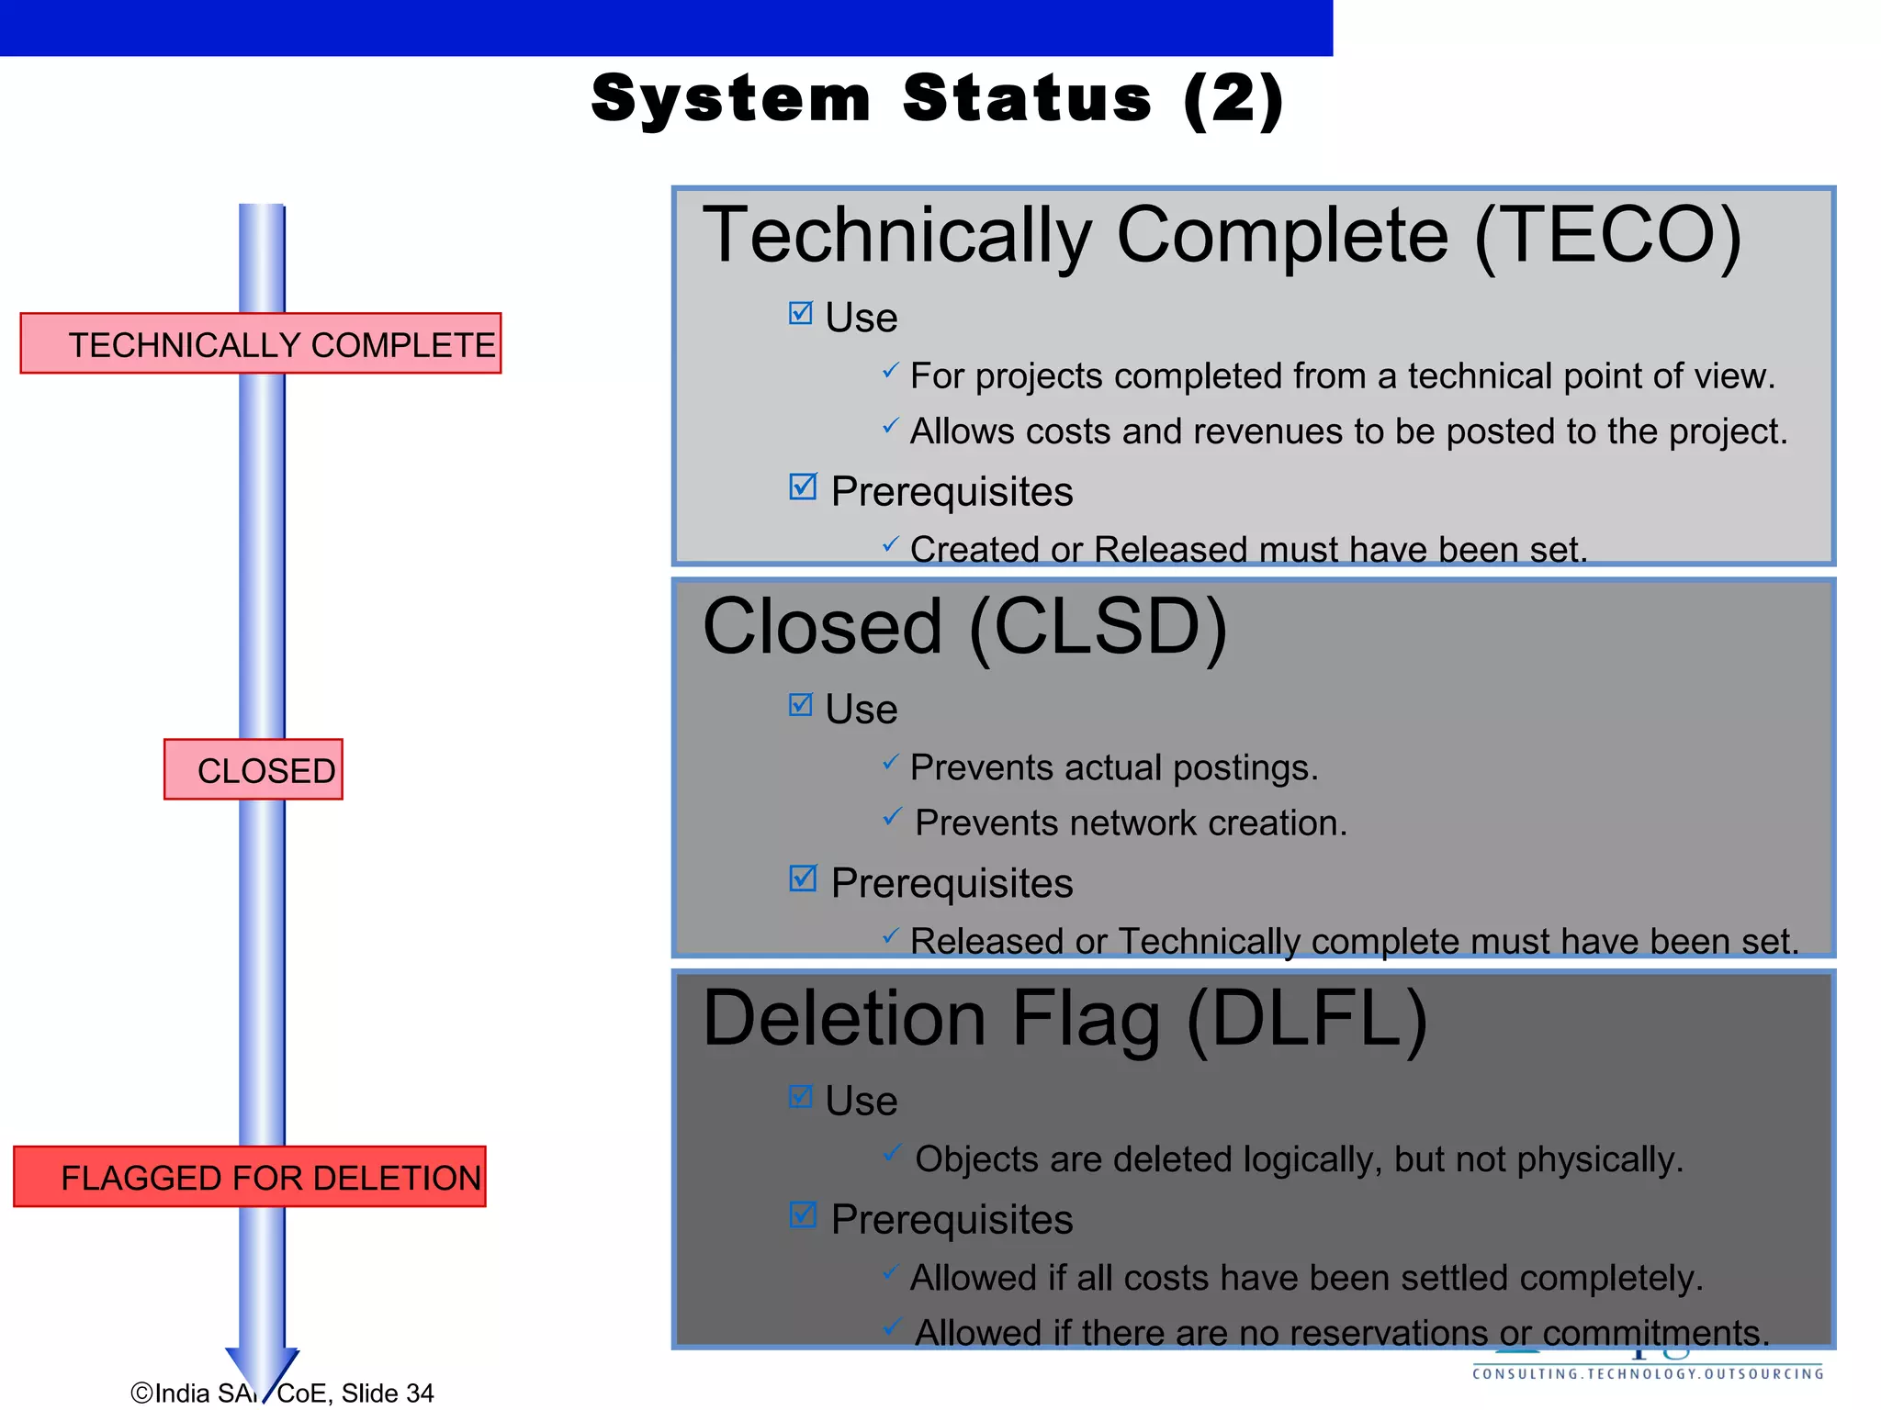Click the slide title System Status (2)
(937, 99)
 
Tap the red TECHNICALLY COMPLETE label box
(261, 343)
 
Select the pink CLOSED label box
(253, 769)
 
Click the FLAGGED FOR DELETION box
(250, 1177)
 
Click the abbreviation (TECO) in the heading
(1607, 235)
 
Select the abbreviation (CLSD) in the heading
(1098, 627)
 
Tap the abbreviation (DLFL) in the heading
(1306, 1019)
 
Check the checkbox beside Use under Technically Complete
(801, 314)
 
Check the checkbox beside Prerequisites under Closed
(803, 878)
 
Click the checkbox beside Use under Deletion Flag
(801, 1097)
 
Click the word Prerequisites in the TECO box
(952, 491)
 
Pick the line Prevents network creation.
(1131, 822)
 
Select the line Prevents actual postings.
(1113, 767)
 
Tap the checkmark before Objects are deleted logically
(892, 1153)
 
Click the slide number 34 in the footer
(420, 1393)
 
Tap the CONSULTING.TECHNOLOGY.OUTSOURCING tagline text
(1648, 1374)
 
